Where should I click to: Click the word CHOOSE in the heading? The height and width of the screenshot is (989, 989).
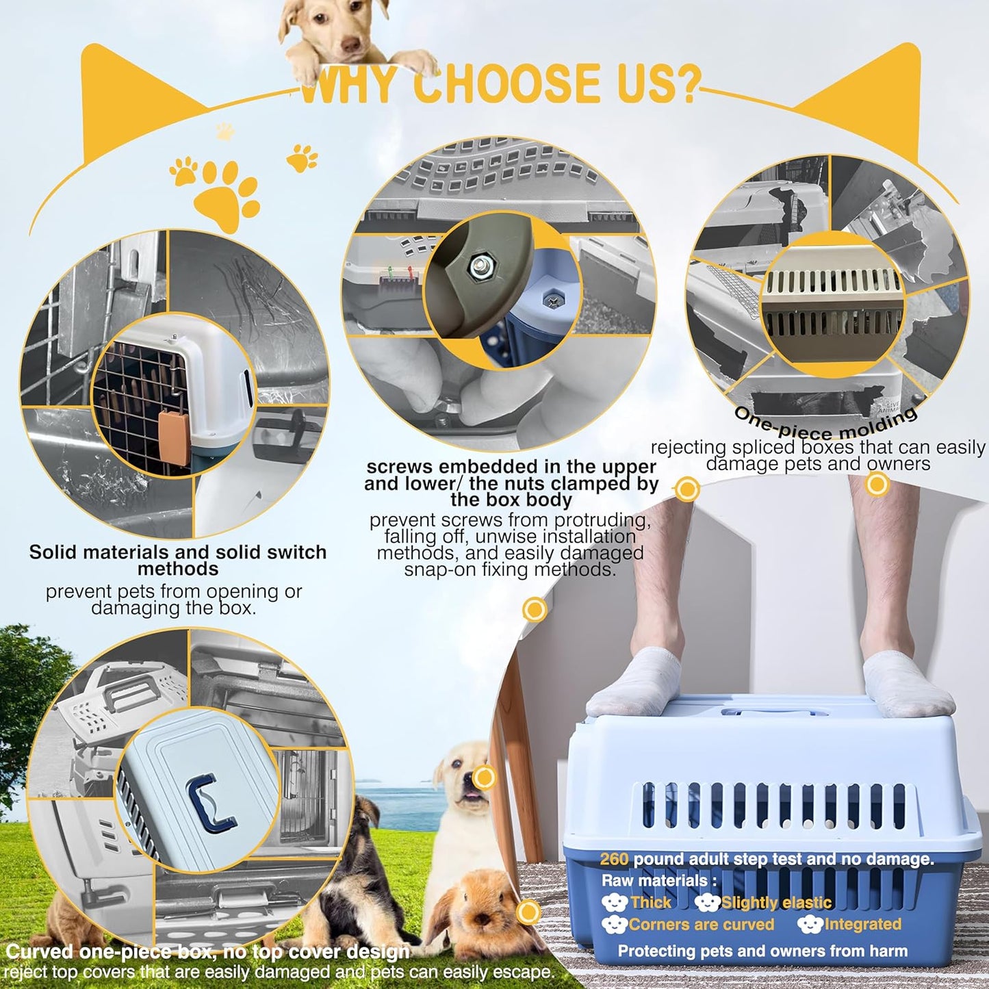pos(503,84)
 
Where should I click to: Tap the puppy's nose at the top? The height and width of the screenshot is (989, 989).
pos(350,47)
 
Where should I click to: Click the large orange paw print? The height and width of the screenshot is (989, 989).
pos(227,191)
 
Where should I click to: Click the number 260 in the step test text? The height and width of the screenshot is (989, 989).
pos(614,859)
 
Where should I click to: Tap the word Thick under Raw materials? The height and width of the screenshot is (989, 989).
pos(650,903)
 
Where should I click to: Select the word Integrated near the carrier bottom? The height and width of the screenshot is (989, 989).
pos(862,925)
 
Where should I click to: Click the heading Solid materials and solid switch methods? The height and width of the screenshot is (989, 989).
pos(177,561)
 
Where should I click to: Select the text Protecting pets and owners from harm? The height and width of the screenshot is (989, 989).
pos(762,951)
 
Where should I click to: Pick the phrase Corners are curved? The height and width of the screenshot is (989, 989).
pos(701,925)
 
